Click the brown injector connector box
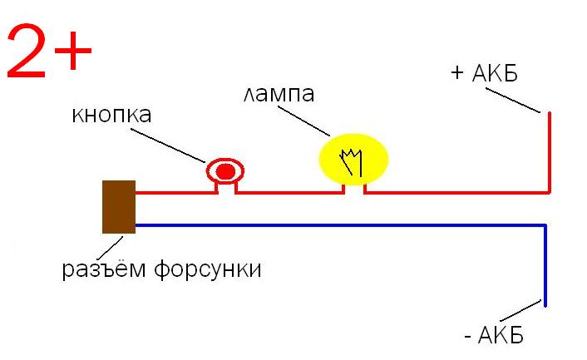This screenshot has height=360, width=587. (118, 206)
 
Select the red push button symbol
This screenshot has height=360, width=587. (225, 172)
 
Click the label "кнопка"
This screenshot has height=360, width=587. (111, 114)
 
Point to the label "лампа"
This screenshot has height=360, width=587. (279, 94)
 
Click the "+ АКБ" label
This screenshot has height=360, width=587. (483, 73)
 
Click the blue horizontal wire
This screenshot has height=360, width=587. (333, 224)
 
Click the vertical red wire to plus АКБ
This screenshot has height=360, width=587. (549, 154)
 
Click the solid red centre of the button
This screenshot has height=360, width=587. (225, 172)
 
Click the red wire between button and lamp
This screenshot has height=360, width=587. (291, 193)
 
